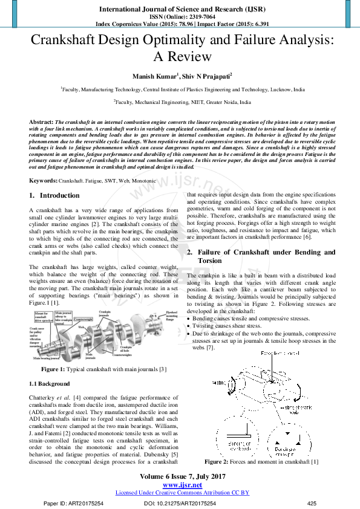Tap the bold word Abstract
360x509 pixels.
(x=41, y=122)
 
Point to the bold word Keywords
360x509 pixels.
(x=44, y=181)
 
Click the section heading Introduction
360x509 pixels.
(x=59, y=195)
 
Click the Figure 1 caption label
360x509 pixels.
(x=57, y=369)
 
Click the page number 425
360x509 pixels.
(x=312, y=503)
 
